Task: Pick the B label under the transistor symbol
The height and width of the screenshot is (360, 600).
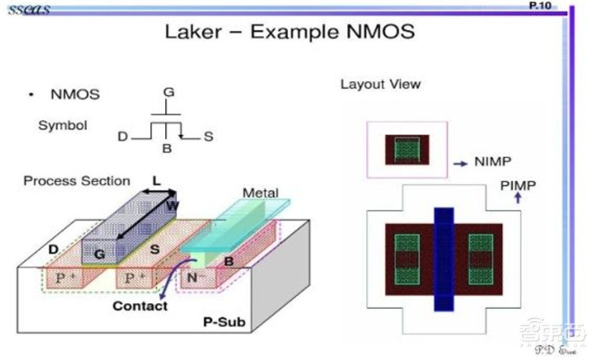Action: [x=167, y=148]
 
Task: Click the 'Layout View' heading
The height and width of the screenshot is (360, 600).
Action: [x=380, y=84]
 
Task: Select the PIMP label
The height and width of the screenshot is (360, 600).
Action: [x=517, y=184]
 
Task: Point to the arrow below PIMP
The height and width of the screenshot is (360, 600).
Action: [x=517, y=198]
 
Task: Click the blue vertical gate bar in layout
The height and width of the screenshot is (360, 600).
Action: [x=445, y=259]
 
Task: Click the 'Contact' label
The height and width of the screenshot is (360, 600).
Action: [x=139, y=306]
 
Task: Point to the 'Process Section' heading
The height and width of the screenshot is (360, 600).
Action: [x=76, y=181]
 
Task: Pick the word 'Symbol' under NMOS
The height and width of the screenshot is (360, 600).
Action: [x=62, y=125]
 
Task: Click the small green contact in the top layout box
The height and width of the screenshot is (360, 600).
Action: [x=406, y=148]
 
